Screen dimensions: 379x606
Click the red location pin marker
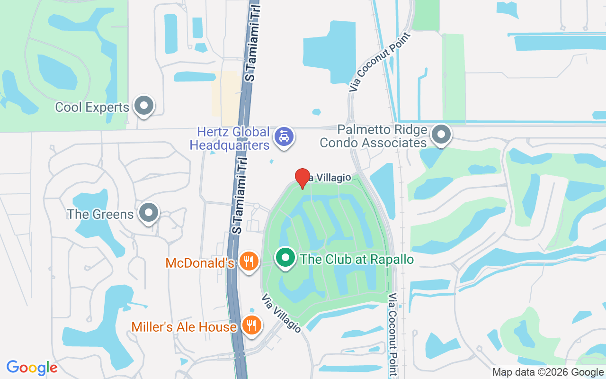(x=303, y=178)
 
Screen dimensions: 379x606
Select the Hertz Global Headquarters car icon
(x=284, y=136)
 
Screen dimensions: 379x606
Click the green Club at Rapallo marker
(x=285, y=258)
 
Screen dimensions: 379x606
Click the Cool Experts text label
(x=92, y=107)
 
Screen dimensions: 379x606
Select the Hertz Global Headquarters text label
(x=231, y=138)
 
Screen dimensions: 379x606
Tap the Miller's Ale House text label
(x=184, y=327)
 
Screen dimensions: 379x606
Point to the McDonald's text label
(x=200, y=262)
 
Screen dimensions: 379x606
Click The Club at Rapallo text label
(x=357, y=260)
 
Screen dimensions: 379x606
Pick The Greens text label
(x=100, y=214)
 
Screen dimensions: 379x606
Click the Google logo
(x=32, y=368)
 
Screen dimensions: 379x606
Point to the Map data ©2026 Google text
(x=548, y=372)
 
